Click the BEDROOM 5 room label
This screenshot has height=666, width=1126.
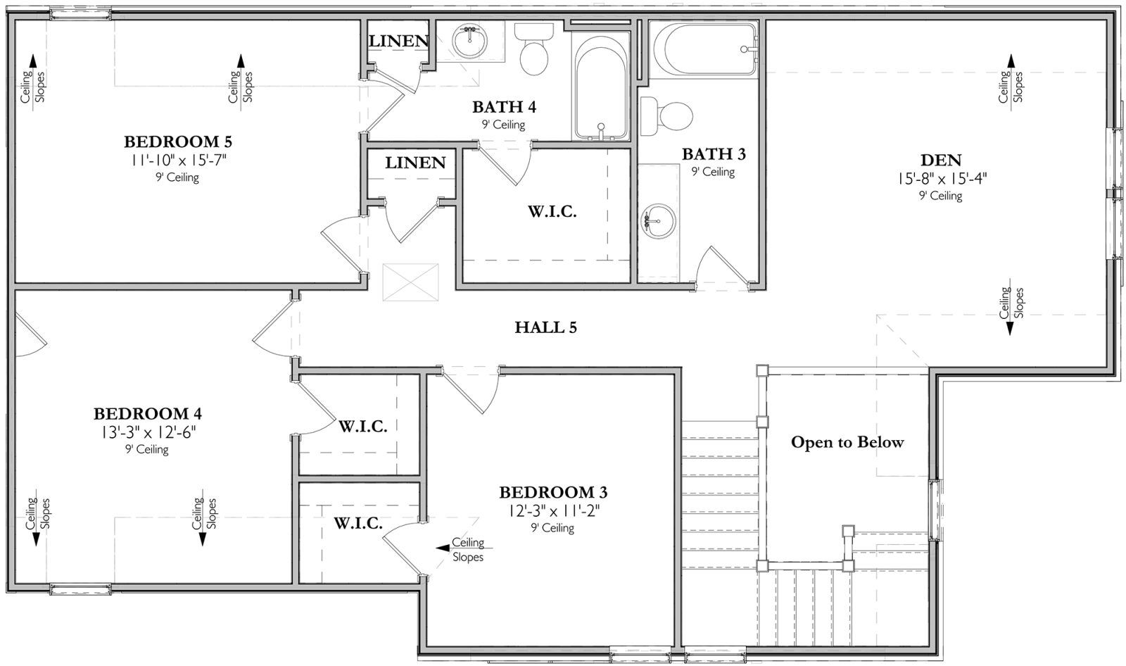click(x=178, y=142)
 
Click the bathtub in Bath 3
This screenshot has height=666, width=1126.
click(x=704, y=49)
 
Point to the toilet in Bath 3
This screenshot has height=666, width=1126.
click(x=668, y=115)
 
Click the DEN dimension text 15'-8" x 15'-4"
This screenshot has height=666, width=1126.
click(x=942, y=179)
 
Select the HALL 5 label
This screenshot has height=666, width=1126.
click(x=545, y=327)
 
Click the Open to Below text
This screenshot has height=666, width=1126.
click(x=847, y=443)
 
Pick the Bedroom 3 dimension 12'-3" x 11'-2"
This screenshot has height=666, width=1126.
click(x=552, y=511)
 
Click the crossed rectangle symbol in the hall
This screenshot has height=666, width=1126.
click(x=410, y=282)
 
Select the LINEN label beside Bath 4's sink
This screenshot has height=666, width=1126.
click(x=398, y=42)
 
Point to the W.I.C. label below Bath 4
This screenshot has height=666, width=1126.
click(x=552, y=211)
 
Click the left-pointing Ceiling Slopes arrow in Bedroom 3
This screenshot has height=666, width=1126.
click(x=443, y=547)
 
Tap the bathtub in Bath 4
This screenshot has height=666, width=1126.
click(x=600, y=88)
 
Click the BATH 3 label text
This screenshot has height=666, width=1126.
click(x=714, y=154)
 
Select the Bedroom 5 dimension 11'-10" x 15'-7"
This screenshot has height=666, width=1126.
click(x=178, y=160)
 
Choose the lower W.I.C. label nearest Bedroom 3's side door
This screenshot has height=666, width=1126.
click(x=358, y=524)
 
